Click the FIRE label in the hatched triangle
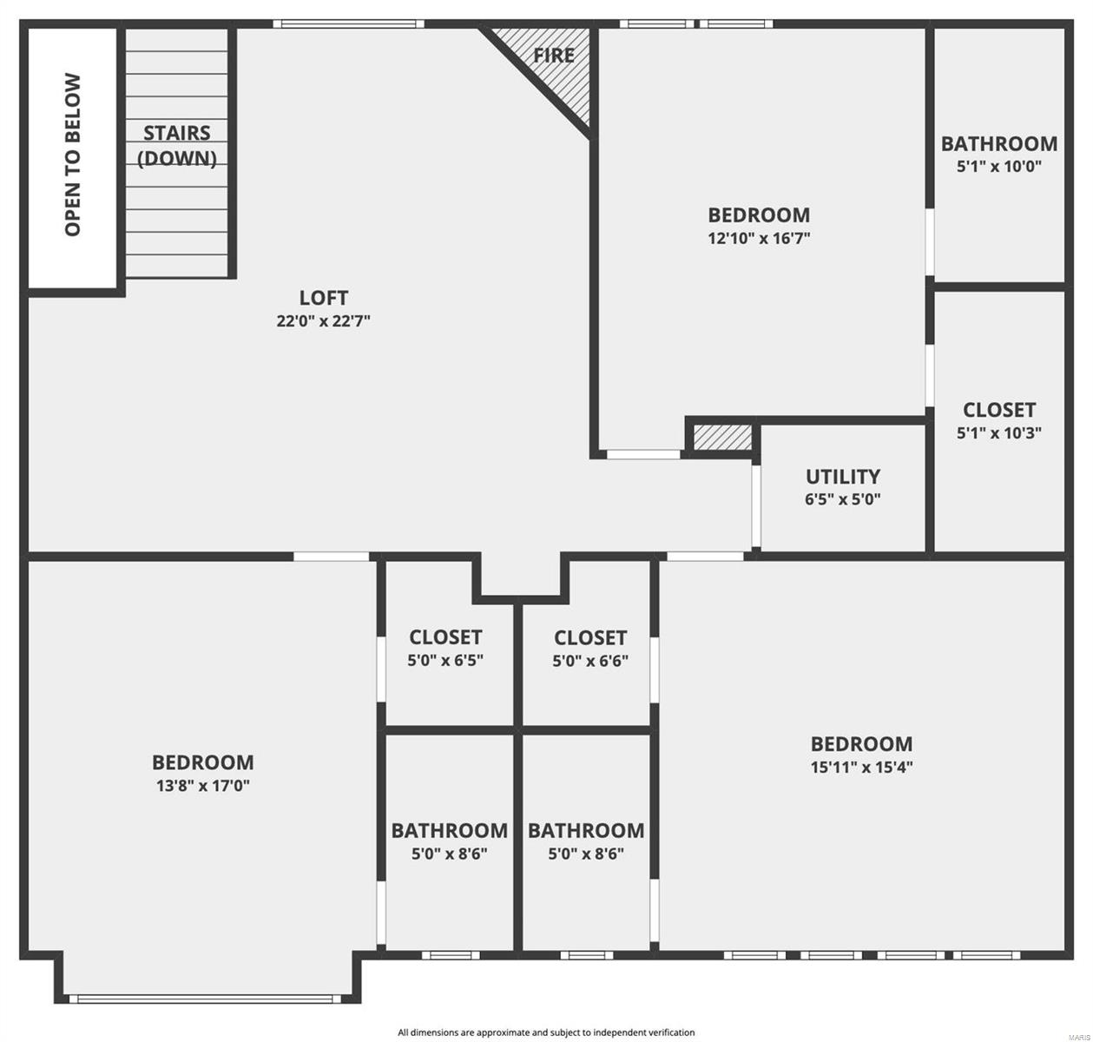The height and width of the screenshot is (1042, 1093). pyautogui.click(x=554, y=56)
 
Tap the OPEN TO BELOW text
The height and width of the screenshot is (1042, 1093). pyautogui.click(x=73, y=155)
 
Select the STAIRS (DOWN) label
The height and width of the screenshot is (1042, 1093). pyautogui.click(x=178, y=145)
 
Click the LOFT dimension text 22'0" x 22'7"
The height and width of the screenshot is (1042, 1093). pyautogui.click(x=324, y=321)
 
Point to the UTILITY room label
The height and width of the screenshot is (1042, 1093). pyautogui.click(x=843, y=476)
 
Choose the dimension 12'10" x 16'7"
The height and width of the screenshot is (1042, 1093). pyautogui.click(x=759, y=238)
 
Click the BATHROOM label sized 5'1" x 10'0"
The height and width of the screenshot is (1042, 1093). pyautogui.click(x=999, y=143)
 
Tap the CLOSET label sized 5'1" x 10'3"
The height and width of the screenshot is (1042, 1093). pyautogui.click(x=999, y=409)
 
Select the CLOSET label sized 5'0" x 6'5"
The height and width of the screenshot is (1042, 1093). pyautogui.click(x=445, y=637)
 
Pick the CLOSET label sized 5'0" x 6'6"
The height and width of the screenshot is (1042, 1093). pyautogui.click(x=590, y=638)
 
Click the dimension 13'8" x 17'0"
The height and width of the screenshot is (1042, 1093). pyautogui.click(x=202, y=786)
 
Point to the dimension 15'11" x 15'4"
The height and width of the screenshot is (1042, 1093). pyautogui.click(x=861, y=767)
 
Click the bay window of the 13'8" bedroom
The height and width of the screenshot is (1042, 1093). pyautogui.click(x=206, y=999)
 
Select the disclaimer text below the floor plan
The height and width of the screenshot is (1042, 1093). pyautogui.click(x=546, y=1032)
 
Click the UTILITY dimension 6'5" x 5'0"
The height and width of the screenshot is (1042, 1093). pyautogui.click(x=843, y=499)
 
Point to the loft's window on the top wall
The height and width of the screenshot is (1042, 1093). pyautogui.click(x=348, y=24)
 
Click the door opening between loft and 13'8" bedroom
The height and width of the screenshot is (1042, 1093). pyautogui.click(x=332, y=556)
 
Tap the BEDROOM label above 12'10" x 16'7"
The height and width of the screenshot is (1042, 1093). pyautogui.click(x=759, y=214)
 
